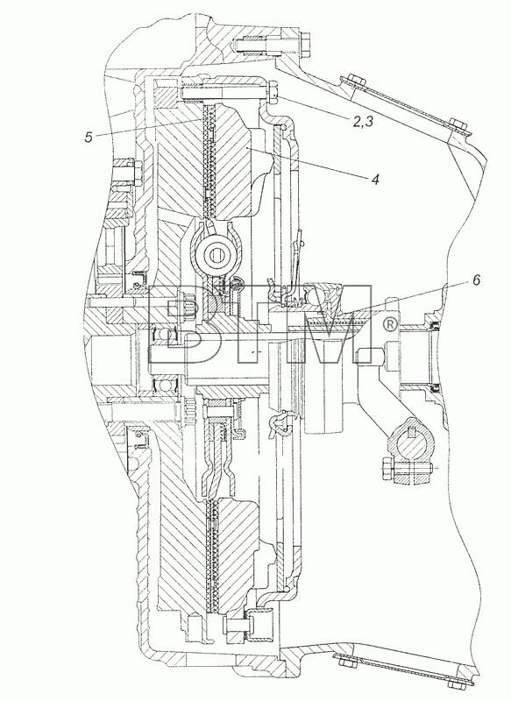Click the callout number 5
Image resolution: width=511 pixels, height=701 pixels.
click(x=89, y=137)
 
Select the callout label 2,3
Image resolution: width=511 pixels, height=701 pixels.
click(x=362, y=121)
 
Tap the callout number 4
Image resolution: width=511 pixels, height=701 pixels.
click(x=374, y=180)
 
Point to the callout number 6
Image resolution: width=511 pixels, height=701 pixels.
click(x=476, y=280)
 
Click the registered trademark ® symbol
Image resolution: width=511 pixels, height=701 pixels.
click(x=390, y=324)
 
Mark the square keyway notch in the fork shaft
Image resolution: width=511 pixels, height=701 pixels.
click(x=414, y=432)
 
